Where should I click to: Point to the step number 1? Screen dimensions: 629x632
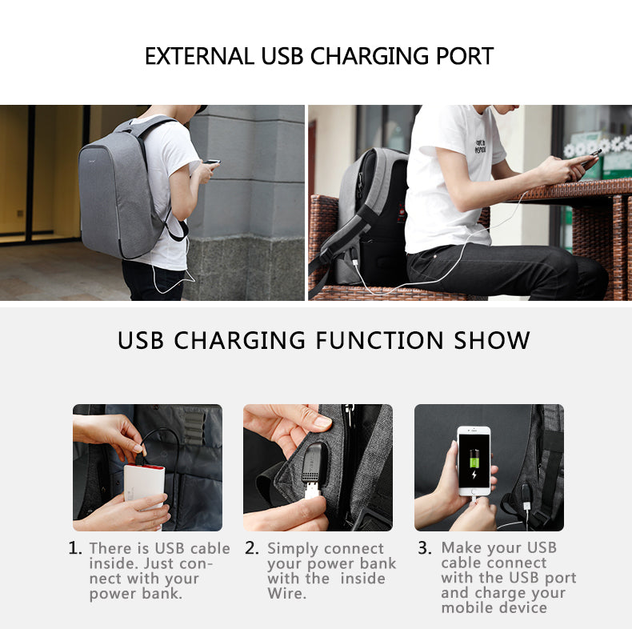[74, 549]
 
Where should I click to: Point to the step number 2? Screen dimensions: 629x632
[252, 549]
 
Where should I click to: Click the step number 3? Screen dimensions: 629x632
[425, 549]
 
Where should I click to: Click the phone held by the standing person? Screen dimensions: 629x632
[211, 162]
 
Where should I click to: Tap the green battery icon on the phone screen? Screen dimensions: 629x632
[474, 459]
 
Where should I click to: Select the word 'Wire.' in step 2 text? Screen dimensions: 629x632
[286, 594]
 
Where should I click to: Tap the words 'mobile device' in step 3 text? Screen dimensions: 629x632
[494, 607]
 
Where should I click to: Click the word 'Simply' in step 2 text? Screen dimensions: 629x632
[292, 549]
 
